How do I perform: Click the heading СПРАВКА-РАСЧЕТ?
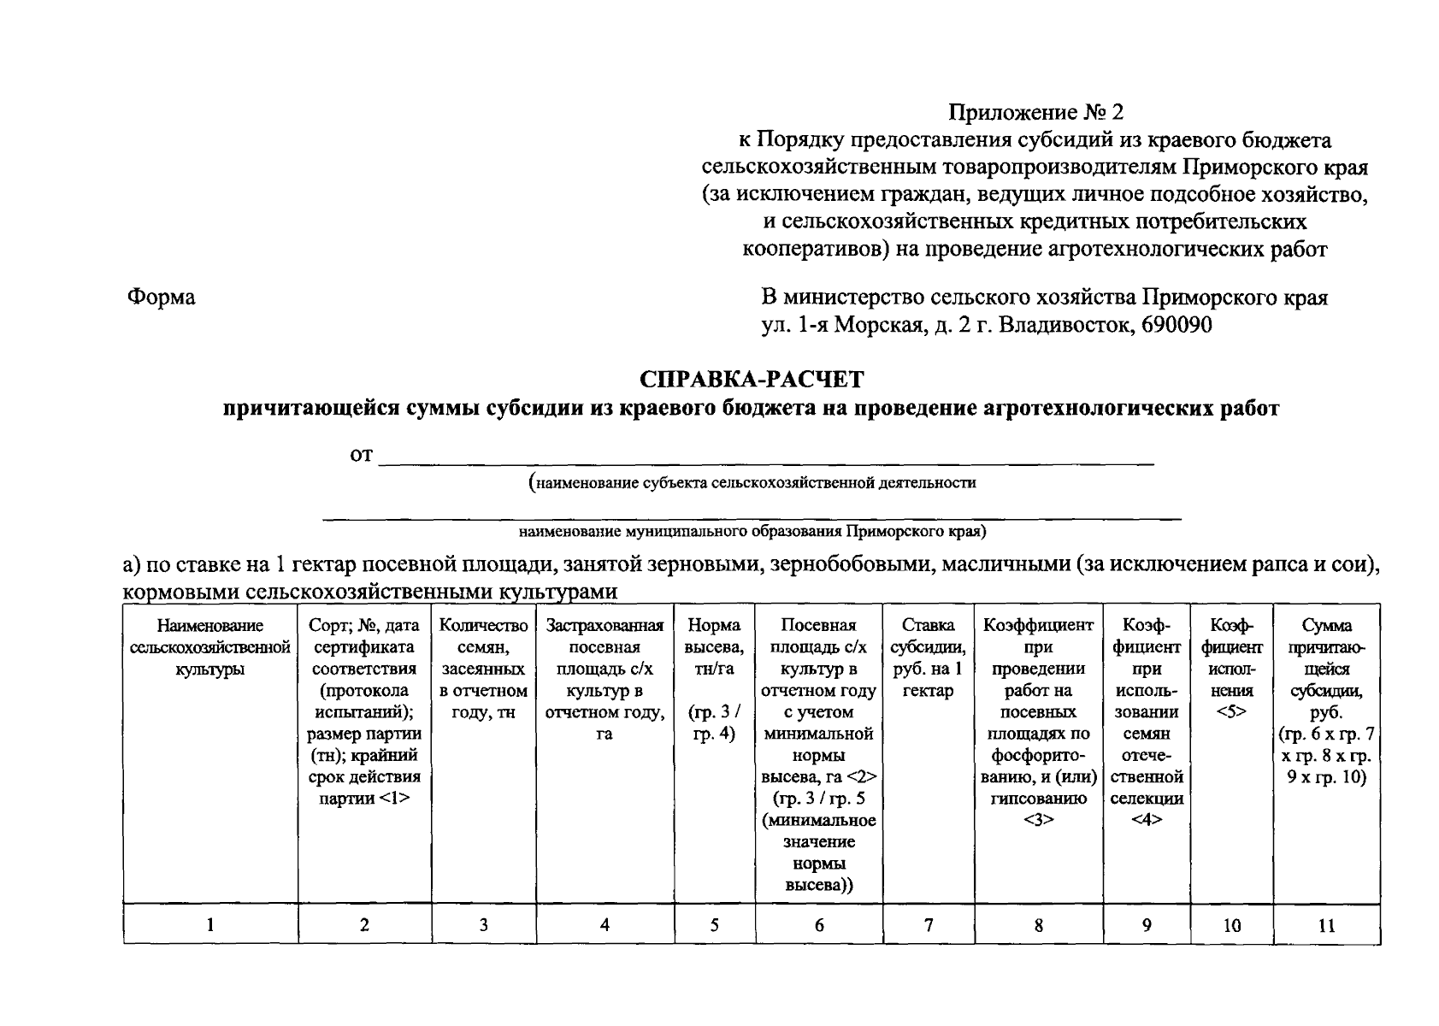(x=752, y=378)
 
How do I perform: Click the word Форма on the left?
(x=162, y=297)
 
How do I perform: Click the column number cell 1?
(x=210, y=924)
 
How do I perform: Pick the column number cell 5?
(x=714, y=924)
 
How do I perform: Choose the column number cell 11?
(x=1326, y=924)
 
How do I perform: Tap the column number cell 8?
(x=1038, y=924)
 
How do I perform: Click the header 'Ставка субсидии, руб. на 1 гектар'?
(x=928, y=658)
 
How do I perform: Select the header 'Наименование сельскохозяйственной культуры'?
(x=210, y=648)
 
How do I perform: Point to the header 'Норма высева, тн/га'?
(x=714, y=648)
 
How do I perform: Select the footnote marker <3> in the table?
(x=1038, y=820)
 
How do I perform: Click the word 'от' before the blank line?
(x=361, y=456)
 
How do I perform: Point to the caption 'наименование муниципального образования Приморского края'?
(x=752, y=532)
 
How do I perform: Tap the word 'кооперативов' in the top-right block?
(x=811, y=250)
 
